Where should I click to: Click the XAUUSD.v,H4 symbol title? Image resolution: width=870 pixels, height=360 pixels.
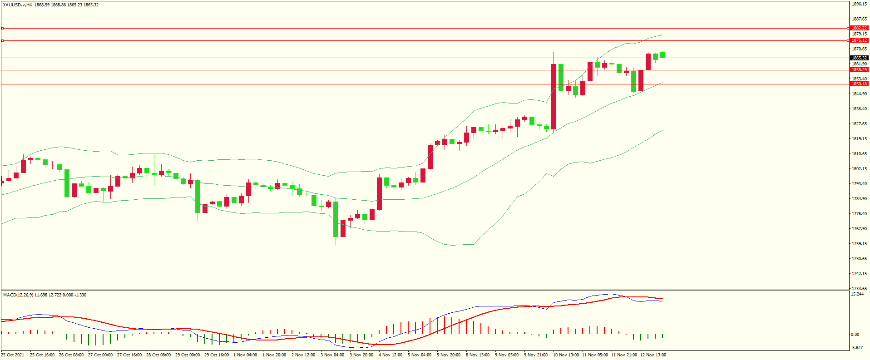pyautogui.click(x=17, y=5)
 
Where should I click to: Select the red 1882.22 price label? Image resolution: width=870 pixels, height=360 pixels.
pyautogui.click(x=859, y=28)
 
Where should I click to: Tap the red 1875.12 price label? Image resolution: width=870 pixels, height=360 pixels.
pyautogui.click(x=859, y=40)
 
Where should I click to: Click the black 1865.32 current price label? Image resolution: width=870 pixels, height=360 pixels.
pyautogui.click(x=859, y=58)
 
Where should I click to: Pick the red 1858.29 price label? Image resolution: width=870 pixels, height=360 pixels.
pyautogui.click(x=859, y=70)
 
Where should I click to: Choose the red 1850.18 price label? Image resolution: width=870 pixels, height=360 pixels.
pyautogui.click(x=859, y=84)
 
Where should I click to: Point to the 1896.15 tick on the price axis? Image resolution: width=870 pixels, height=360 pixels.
pyautogui.click(x=859, y=4)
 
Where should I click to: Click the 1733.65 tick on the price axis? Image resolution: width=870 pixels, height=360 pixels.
pyautogui.click(x=859, y=288)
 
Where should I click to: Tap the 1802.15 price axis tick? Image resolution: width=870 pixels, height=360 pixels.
pyautogui.click(x=859, y=169)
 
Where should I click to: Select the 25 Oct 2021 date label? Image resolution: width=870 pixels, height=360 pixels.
pyautogui.click(x=13, y=355)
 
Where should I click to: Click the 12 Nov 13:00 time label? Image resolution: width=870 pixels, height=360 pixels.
pyautogui.click(x=653, y=355)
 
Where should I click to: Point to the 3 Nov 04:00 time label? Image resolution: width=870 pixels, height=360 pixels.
pyautogui.click(x=332, y=355)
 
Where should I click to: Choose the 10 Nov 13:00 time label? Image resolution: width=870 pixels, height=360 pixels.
pyautogui.click(x=566, y=355)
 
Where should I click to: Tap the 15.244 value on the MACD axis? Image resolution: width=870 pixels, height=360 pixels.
pyautogui.click(x=857, y=294)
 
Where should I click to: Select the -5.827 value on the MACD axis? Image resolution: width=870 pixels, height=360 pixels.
pyautogui.click(x=857, y=348)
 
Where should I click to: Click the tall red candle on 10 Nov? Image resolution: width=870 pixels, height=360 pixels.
pyautogui.click(x=554, y=97)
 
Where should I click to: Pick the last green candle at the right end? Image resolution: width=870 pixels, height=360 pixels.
pyautogui.click(x=663, y=55)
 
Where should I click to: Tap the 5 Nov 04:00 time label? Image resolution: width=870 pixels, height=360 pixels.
pyautogui.click(x=420, y=355)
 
